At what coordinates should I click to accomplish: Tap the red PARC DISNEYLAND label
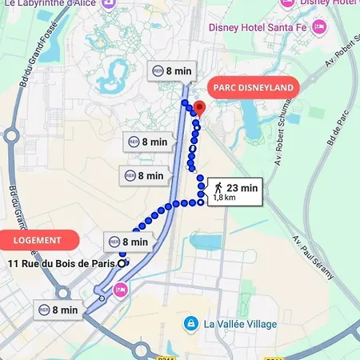[252, 86]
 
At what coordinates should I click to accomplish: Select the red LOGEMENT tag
[37, 240]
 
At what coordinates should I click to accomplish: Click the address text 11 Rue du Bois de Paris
[61, 263]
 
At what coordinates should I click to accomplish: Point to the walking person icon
[218, 188]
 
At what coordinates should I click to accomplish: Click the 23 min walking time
[242, 188]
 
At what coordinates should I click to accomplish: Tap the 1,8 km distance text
[225, 198]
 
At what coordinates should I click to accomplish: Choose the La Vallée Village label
[240, 324]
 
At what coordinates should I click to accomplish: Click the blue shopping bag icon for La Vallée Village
[190, 324]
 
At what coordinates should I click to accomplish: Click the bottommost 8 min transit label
[58, 310]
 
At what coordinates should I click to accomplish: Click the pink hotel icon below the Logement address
[121, 289]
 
